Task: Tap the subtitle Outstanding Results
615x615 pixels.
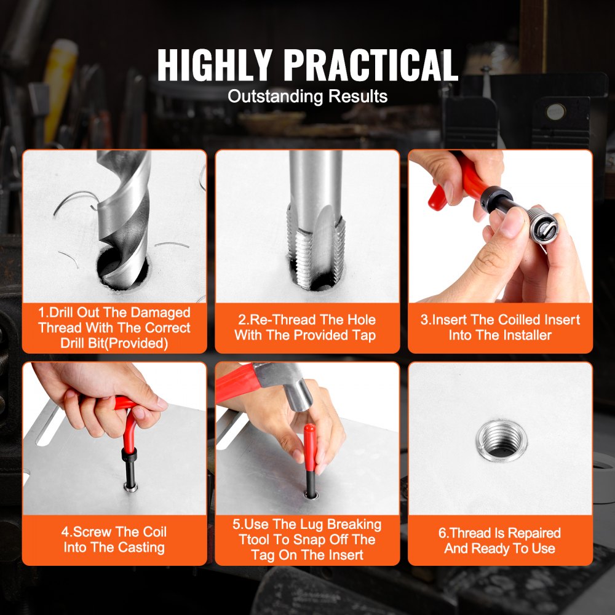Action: click(x=307, y=97)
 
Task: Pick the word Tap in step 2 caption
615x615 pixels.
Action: click(x=363, y=335)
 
